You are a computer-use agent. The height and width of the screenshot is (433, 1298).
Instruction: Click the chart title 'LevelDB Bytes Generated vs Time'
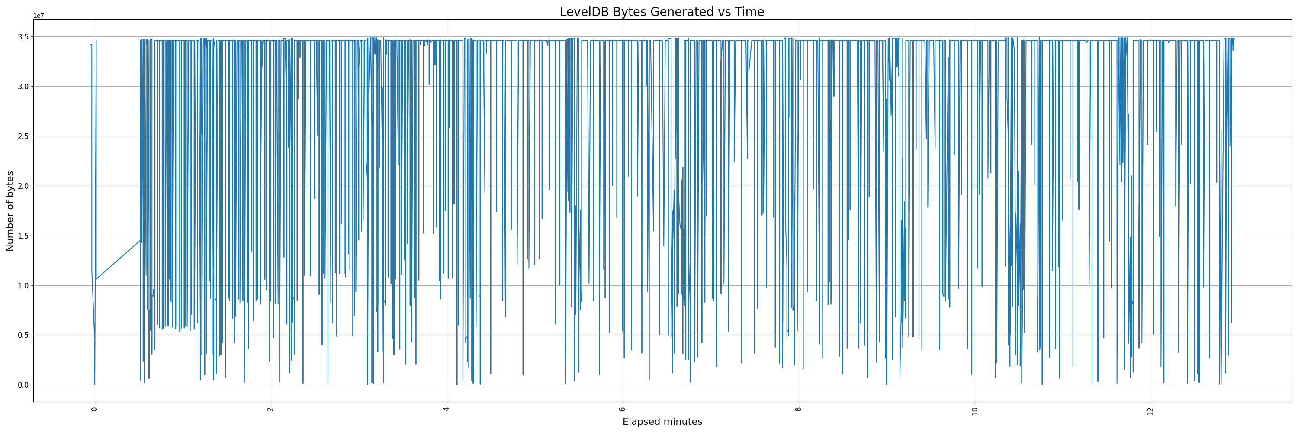coord(662,12)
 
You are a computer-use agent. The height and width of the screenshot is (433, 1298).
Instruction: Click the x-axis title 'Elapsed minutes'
coord(662,422)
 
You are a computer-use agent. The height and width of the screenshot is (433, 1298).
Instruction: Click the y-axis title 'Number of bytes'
coord(10,211)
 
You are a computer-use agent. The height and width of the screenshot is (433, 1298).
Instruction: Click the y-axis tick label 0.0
coord(24,385)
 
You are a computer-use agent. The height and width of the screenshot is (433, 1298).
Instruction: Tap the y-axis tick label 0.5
coord(24,335)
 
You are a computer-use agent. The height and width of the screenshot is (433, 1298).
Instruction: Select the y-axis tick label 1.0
coord(24,285)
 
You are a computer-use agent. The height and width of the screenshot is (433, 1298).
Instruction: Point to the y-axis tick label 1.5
coord(24,236)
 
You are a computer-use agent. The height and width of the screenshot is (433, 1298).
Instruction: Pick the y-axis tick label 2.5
coord(24,136)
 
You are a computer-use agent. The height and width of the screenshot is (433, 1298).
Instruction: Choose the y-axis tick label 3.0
coord(24,87)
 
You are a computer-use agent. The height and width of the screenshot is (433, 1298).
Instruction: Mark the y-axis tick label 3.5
coord(24,37)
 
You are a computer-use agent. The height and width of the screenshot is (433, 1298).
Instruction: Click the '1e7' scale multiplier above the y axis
coord(39,16)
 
